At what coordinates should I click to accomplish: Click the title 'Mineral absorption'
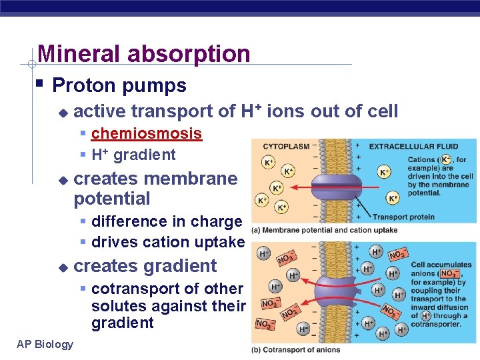point(144,53)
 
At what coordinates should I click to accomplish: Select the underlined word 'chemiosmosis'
point(146,133)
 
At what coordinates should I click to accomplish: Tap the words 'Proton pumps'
point(119,85)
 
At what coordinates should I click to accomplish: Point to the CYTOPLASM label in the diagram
point(286,146)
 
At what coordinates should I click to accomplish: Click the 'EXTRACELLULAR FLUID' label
point(413,146)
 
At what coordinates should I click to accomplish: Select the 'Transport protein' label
point(403,217)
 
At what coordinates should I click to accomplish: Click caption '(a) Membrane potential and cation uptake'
point(324,230)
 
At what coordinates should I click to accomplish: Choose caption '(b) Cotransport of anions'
point(295,350)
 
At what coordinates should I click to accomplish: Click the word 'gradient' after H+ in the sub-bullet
point(145,155)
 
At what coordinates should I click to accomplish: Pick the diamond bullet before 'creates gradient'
point(63,267)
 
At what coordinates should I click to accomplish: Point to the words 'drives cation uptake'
point(167,242)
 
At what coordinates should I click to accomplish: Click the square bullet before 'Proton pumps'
point(41,85)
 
